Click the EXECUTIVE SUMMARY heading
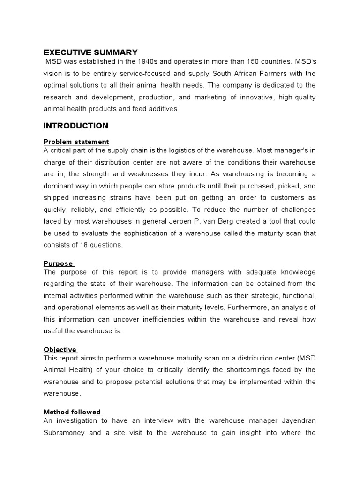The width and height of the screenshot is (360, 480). coord(90,52)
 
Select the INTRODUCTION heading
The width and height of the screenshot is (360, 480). coord(76,126)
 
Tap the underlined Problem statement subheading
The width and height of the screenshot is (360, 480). coord(76,142)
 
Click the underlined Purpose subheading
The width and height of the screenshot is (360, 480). coord(58,264)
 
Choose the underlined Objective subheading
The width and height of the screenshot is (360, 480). coord(60,350)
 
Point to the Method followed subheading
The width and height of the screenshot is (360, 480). coord(72,412)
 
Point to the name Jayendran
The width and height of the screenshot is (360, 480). coord(300,421)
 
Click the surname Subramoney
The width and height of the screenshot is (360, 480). coord(64,433)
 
